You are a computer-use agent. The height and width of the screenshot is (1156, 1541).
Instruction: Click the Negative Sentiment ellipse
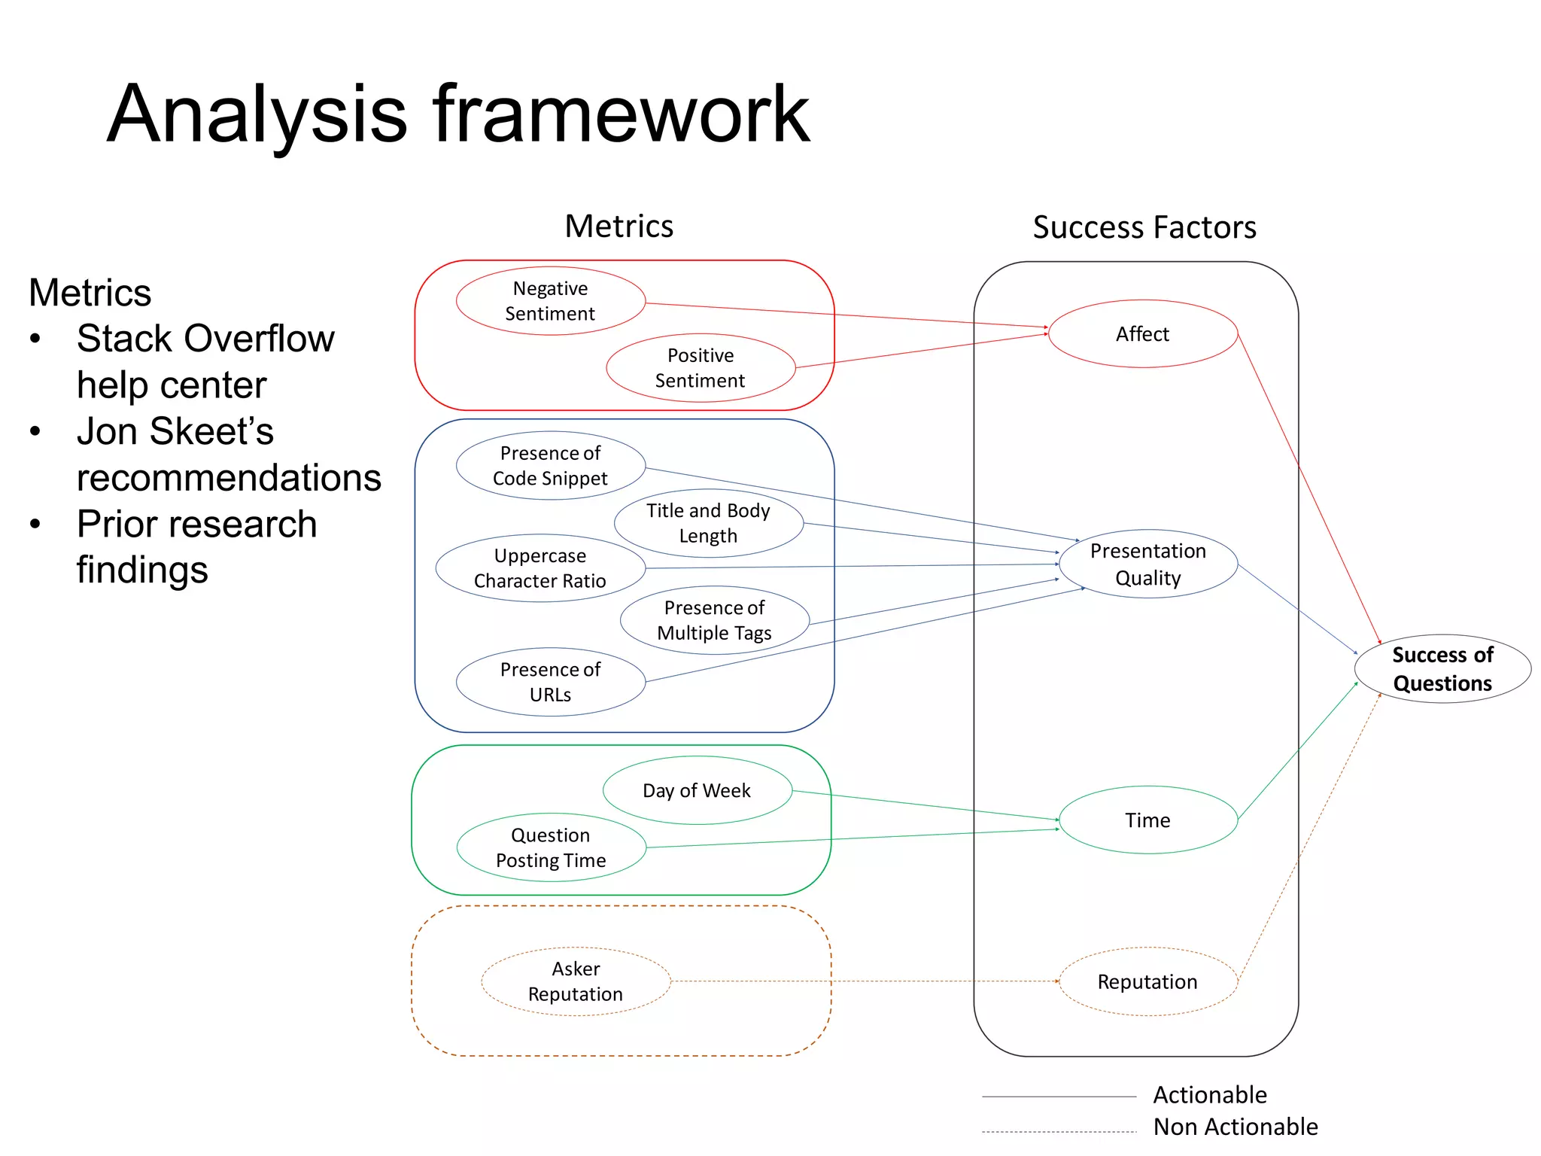pyautogui.click(x=550, y=301)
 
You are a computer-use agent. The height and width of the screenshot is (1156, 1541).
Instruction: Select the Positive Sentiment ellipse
pyautogui.click(x=701, y=368)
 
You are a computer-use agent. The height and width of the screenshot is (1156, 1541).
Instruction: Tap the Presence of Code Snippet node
pyautogui.click(x=550, y=466)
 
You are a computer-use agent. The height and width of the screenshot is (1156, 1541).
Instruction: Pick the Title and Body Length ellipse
pyautogui.click(x=708, y=523)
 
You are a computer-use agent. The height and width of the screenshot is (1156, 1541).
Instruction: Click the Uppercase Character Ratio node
pyautogui.click(x=540, y=568)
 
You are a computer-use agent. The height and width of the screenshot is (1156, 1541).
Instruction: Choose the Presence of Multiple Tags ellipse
pyautogui.click(x=714, y=620)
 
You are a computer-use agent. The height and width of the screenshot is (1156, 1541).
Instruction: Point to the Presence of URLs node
pyautogui.click(x=550, y=682)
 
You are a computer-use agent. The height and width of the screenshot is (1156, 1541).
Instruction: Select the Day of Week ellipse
pyautogui.click(x=697, y=790)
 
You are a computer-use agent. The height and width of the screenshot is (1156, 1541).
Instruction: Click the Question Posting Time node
pyautogui.click(x=551, y=847)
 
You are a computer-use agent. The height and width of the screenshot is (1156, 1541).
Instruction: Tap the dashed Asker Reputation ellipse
pyautogui.click(x=576, y=981)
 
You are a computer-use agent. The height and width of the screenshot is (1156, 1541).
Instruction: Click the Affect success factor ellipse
pyautogui.click(x=1142, y=334)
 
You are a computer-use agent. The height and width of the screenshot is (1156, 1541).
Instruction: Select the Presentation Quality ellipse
pyautogui.click(x=1147, y=564)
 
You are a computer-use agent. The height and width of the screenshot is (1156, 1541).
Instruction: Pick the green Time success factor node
pyautogui.click(x=1147, y=820)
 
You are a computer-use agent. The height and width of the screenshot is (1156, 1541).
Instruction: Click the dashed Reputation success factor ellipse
pyautogui.click(x=1147, y=981)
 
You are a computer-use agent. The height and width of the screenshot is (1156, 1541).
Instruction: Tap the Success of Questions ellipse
pyautogui.click(x=1442, y=669)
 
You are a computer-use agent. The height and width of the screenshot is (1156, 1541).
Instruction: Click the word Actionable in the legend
pyautogui.click(x=1209, y=1094)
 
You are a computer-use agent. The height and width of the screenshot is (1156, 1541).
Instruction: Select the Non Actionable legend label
pyautogui.click(x=1235, y=1127)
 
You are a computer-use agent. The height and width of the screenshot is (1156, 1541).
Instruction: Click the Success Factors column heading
pyautogui.click(x=1144, y=227)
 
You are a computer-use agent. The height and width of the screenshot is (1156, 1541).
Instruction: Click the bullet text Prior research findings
pyautogui.click(x=197, y=546)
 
